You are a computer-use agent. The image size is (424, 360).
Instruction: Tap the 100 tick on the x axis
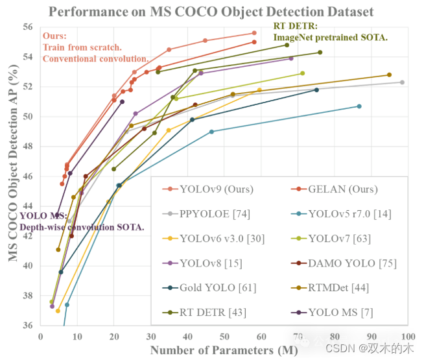(x=408, y=335)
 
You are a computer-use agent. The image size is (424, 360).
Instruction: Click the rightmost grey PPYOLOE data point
(x=402, y=82)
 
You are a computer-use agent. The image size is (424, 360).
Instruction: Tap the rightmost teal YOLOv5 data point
(x=359, y=106)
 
